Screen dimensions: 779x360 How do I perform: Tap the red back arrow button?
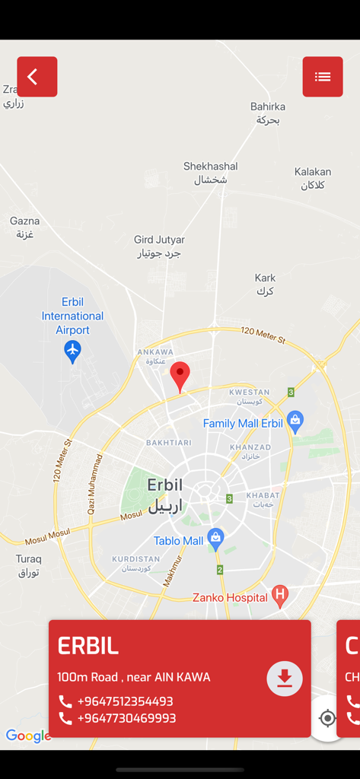tap(37, 77)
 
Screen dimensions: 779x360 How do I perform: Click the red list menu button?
tap(323, 77)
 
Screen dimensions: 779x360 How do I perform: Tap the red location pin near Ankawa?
tap(180, 376)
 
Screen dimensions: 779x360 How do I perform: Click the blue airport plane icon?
tap(72, 351)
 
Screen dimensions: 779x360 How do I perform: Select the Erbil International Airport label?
tap(72, 316)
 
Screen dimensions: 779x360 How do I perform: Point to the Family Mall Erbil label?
tap(243, 424)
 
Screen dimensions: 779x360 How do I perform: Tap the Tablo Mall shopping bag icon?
tap(216, 539)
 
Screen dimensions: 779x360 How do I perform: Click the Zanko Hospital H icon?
tap(280, 596)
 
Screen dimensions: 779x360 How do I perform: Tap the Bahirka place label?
tap(268, 113)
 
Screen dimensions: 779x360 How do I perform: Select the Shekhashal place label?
tap(211, 173)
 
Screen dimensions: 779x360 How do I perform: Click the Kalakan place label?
tap(313, 178)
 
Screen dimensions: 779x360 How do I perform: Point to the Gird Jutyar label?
tap(159, 246)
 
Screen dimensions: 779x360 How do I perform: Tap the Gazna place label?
tap(25, 227)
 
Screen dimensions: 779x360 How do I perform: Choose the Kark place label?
tap(265, 284)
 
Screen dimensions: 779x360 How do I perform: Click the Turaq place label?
tap(29, 565)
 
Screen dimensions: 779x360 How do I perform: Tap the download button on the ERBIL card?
tap(285, 679)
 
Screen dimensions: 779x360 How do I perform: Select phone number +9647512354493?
tap(125, 701)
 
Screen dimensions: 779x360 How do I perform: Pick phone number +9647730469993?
tap(126, 718)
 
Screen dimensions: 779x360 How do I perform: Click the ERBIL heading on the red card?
tap(88, 646)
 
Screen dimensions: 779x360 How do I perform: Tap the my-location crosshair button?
tap(327, 718)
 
